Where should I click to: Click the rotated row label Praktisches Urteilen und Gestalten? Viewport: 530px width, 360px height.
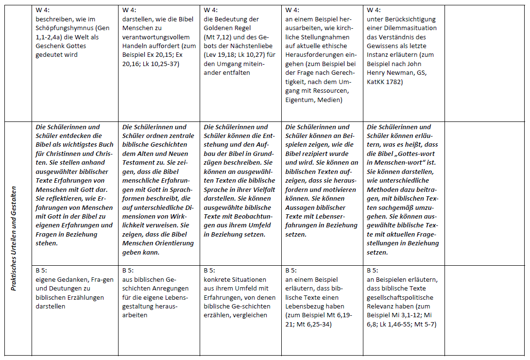(x=14, y=238)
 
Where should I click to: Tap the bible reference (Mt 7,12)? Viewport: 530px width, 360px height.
(x=218, y=37)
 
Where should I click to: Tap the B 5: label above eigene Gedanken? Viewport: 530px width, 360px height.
(x=42, y=270)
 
